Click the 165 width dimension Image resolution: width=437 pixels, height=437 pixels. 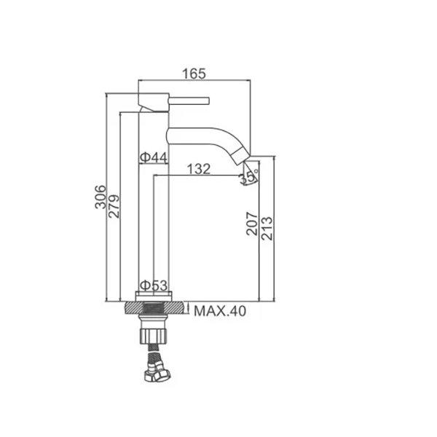pos(194,74)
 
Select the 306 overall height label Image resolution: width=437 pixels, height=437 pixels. pos(101,197)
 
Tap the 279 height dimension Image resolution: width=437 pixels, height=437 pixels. pos(114,206)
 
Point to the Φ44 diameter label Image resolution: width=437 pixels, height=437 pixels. pos(154,158)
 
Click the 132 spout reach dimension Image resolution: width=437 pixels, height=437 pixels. pos(198,169)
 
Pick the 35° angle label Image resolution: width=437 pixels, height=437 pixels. pos(249,176)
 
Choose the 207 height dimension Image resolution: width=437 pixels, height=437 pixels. pos(252,224)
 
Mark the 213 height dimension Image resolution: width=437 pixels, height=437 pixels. pos(267,228)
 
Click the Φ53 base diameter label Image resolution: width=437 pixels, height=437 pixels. pos(154,286)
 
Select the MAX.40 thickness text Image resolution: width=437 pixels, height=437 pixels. pos(220,311)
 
